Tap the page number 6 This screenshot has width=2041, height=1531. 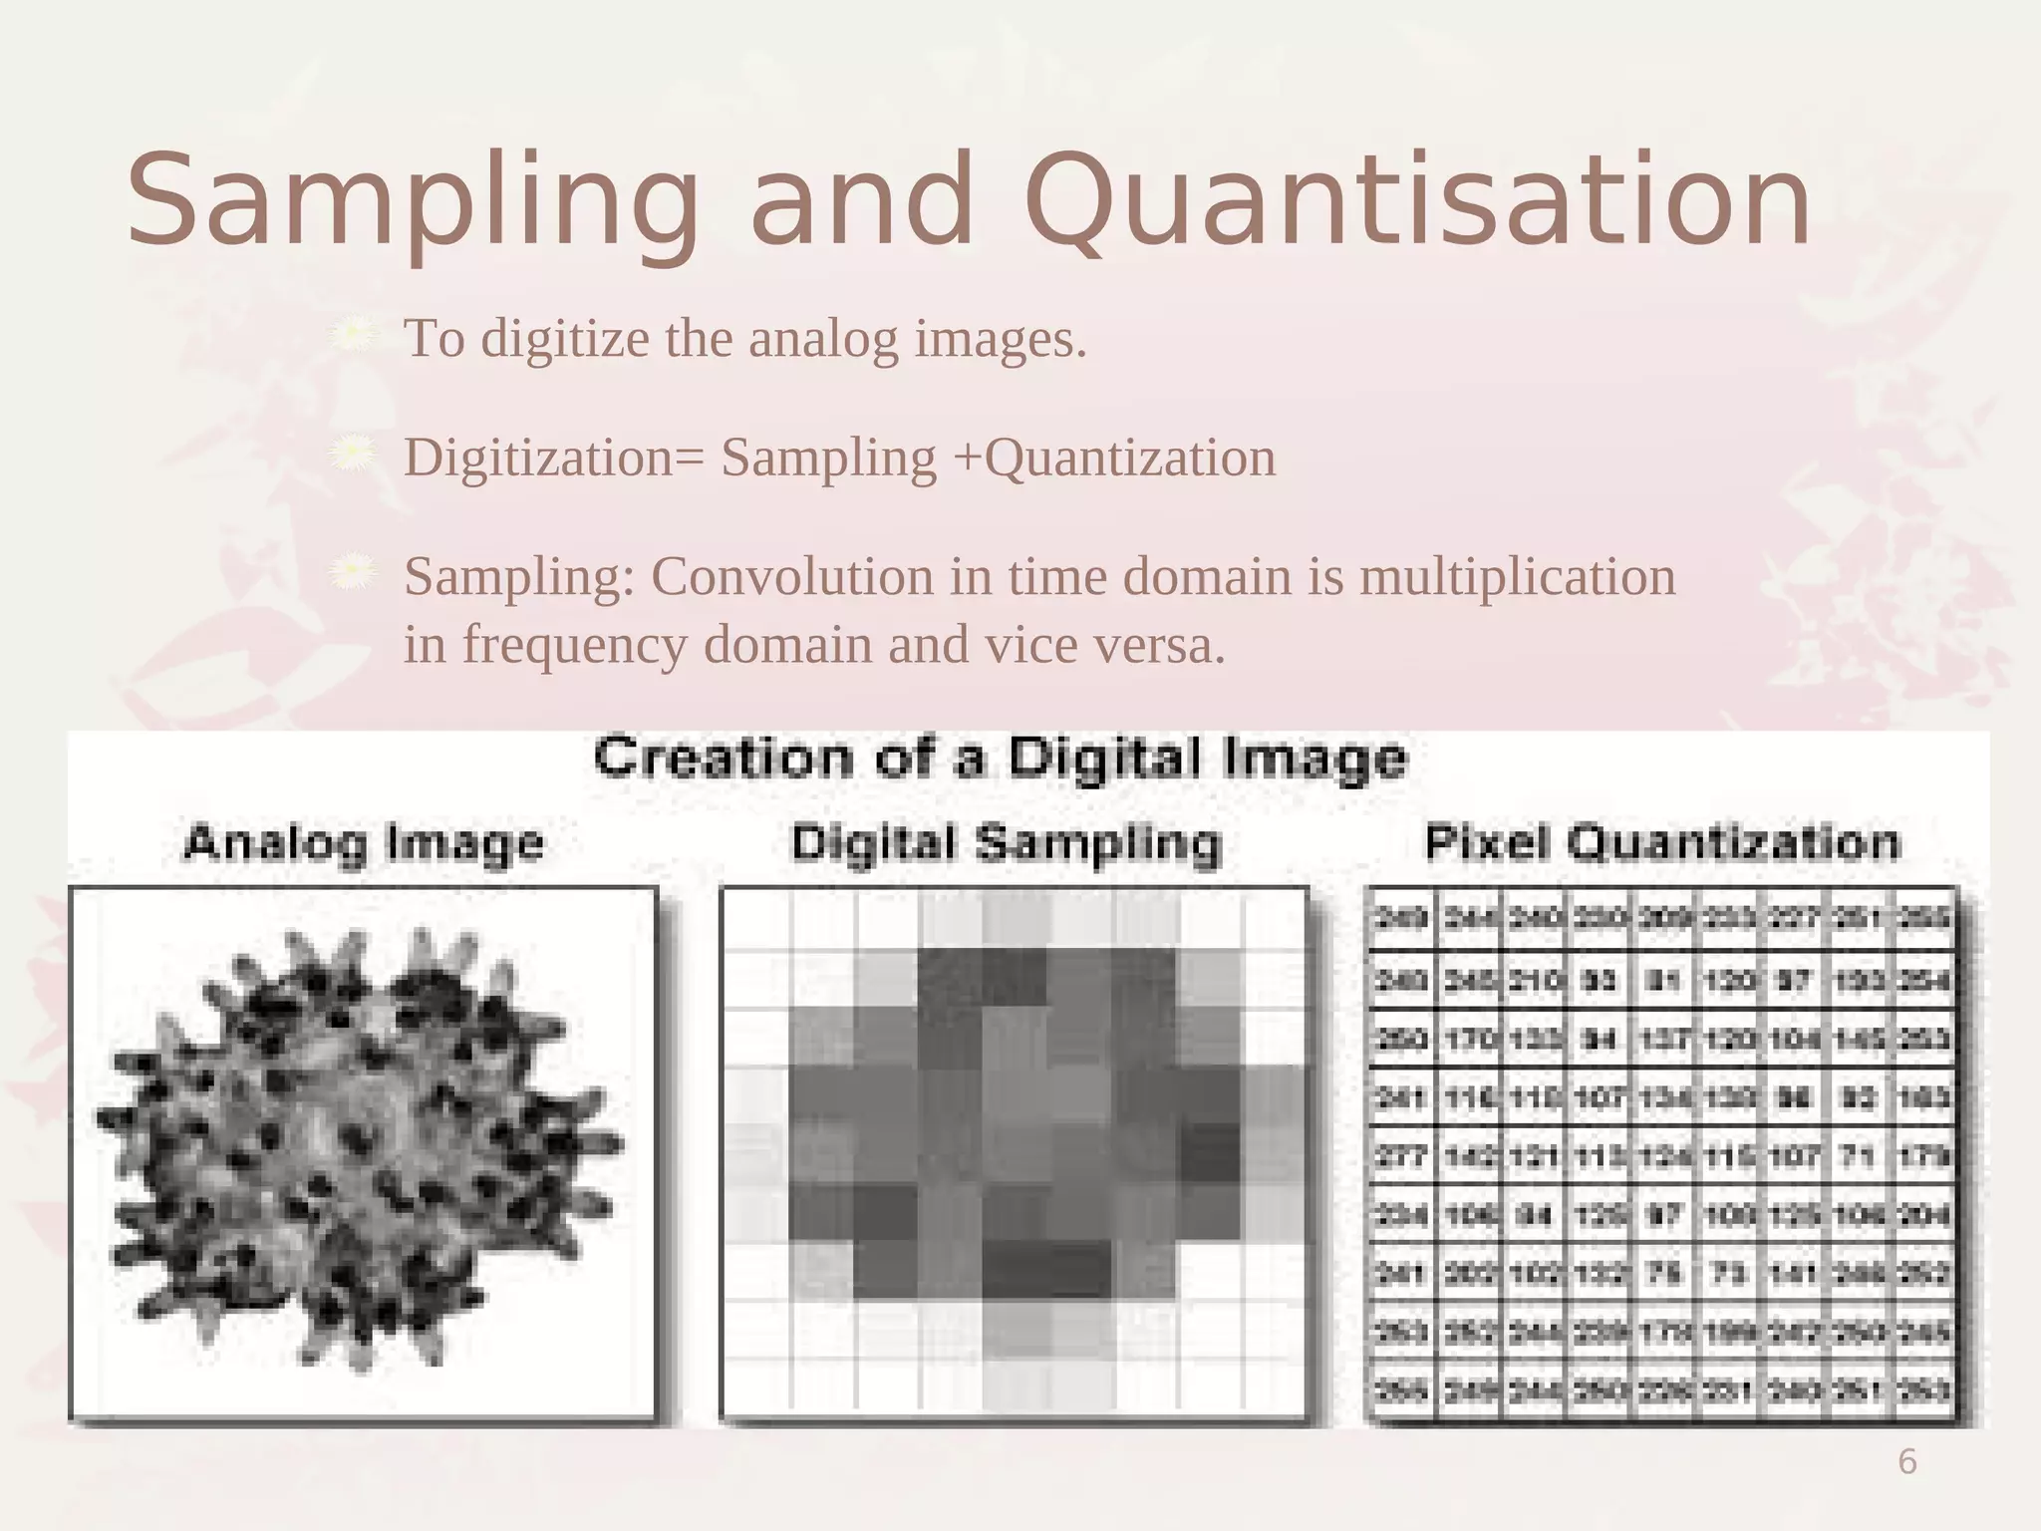[x=1906, y=1462]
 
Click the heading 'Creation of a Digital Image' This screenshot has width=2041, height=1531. [x=1001, y=759]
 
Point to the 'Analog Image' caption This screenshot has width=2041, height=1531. [x=364, y=843]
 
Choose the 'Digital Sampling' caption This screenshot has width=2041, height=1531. [x=1007, y=843]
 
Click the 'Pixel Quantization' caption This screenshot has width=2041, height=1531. [x=1662, y=843]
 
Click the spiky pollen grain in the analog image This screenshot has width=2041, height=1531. [x=359, y=1146]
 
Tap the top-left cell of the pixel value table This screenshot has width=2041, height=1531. [x=1400, y=918]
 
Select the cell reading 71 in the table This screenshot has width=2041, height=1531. [x=1859, y=1156]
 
